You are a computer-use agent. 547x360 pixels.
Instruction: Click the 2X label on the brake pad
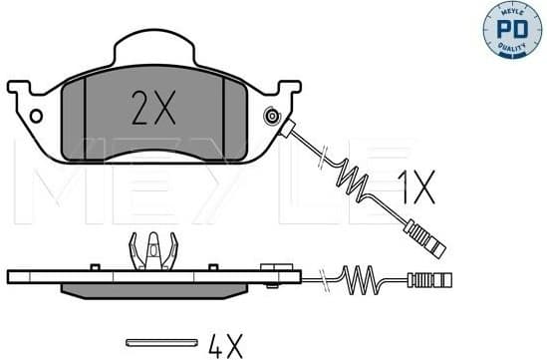[152, 106]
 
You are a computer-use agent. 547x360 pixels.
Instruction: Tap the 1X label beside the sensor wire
[416, 185]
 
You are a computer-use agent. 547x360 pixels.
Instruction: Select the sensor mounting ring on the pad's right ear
[271, 118]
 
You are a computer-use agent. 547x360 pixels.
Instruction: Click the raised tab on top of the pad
[152, 50]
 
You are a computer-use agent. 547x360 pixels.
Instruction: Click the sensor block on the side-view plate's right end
[271, 267]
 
